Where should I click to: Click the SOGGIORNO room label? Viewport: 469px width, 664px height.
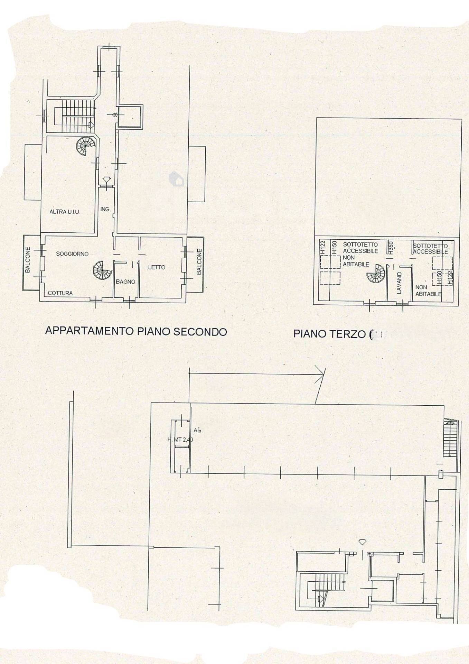click(x=72, y=254)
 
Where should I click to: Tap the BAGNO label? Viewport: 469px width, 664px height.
click(x=125, y=282)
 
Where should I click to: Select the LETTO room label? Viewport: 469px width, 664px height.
click(x=157, y=267)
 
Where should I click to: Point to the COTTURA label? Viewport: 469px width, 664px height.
click(x=60, y=293)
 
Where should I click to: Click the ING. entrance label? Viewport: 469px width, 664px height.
click(x=105, y=209)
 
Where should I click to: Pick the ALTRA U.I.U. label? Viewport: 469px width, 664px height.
click(x=65, y=212)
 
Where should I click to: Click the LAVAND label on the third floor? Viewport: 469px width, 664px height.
click(x=399, y=283)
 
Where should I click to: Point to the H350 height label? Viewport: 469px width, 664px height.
click(x=391, y=248)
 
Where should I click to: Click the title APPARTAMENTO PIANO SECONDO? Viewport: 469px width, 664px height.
click(x=136, y=331)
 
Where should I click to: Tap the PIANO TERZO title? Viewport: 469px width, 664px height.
click(x=329, y=334)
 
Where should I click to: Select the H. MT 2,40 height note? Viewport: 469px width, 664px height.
click(x=180, y=440)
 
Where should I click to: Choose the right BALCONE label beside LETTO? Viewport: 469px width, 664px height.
click(x=199, y=262)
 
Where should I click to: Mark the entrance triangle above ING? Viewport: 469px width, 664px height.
click(x=106, y=180)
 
